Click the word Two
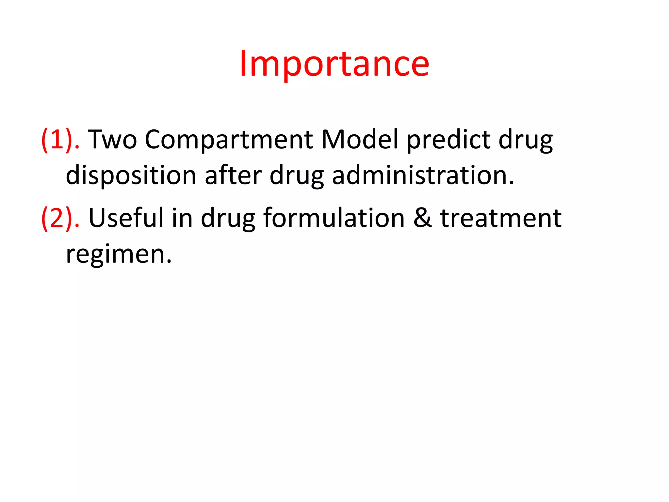point(112,140)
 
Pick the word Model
point(359,140)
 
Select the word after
point(233,175)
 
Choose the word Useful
point(126,218)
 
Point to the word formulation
point(334,218)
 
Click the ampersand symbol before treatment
point(422,218)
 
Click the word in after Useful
point(182,218)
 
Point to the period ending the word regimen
point(169,261)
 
